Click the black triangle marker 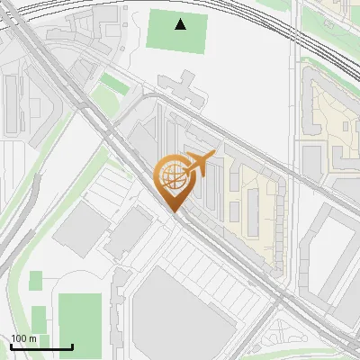tap(181, 24)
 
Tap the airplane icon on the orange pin tap(199, 164)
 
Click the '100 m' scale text tap(23, 338)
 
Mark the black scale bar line tap(41, 347)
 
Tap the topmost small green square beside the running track tap(35, 281)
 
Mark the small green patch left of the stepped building tap(112, 84)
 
